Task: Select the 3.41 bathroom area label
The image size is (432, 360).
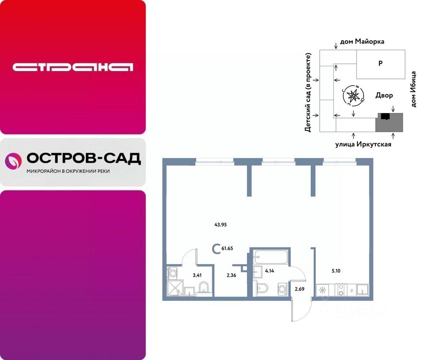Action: click(x=197, y=275)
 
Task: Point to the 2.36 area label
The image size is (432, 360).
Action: click(x=232, y=275)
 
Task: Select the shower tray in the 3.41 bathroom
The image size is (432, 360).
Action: click(x=175, y=288)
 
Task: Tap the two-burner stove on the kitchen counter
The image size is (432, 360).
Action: click(x=340, y=289)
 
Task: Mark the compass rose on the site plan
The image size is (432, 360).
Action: click(x=353, y=96)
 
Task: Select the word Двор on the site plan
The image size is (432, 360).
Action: click(x=384, y=95)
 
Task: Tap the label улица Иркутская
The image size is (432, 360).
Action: click(x=363, y=144)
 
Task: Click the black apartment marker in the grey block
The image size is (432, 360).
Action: click(x=385, y=116)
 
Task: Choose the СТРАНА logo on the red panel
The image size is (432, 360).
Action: click(x=73, y=67)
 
